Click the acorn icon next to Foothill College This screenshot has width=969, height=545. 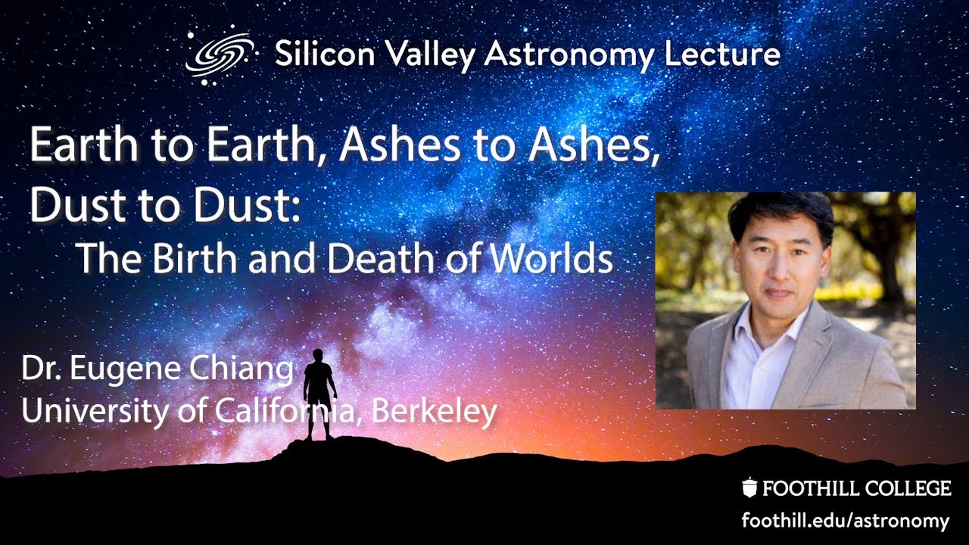(749, 488)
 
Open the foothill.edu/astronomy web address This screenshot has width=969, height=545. (845, 521)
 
